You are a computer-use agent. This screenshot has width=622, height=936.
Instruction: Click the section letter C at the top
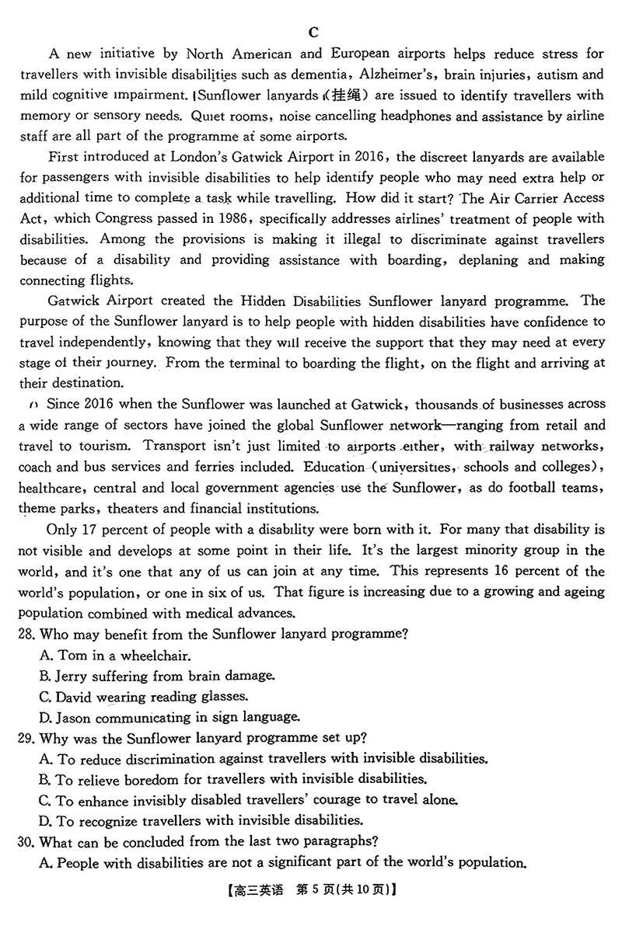pos(313,32)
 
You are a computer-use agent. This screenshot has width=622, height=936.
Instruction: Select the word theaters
pos(138,510)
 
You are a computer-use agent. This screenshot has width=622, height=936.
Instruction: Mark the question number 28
pos(28,633)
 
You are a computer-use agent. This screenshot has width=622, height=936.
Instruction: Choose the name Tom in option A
pos(72,655)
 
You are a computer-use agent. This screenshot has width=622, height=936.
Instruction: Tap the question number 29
pos(28,737)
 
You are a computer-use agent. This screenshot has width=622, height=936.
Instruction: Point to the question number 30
pos(28,841)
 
